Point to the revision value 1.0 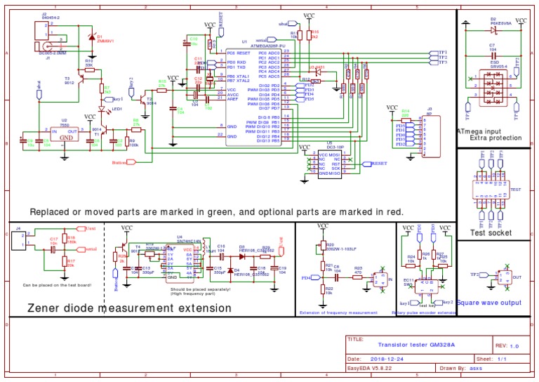click(514, 345)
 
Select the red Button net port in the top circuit click(122, 162)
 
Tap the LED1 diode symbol click(102, 108)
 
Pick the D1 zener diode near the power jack click(90, 37)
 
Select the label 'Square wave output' click(491, 303)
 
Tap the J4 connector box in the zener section click(19, 242)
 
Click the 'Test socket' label click(491, 232)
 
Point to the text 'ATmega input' click(479, 131)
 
